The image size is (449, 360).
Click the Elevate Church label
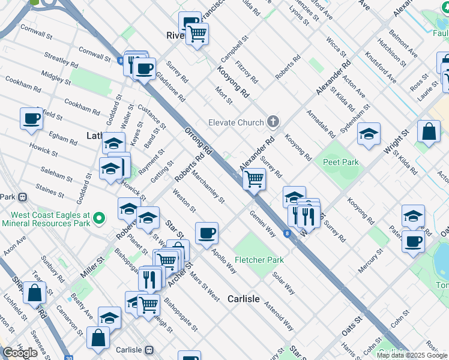click(236, 122)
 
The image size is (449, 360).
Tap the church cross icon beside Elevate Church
click(273, 122)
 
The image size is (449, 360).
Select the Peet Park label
click(340, 162)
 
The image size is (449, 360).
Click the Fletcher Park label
click(259, 260)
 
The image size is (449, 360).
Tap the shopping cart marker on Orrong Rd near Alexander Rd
click(254, 178)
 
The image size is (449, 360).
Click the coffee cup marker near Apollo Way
click(206, 233)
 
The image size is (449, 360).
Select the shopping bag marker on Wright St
click(429, 132)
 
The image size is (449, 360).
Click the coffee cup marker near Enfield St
click(31, 118)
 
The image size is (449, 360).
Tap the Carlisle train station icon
click(150, 350)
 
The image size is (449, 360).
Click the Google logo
click(20, 353)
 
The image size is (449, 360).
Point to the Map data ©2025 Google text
click(412, 355)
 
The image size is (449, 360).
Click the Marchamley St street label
click(208, 187)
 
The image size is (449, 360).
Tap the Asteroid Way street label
click(279, 316)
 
